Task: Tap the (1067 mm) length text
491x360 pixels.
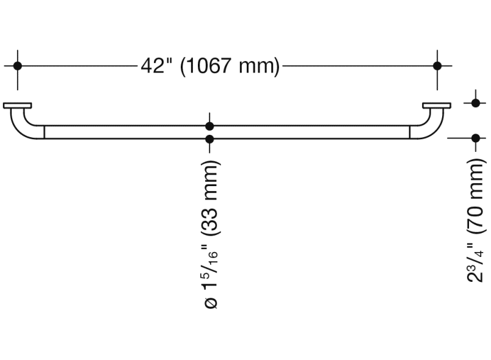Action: pos(230,65)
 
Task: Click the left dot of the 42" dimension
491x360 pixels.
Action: pos(18,65)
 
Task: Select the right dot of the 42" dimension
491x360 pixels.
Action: pos(437,65)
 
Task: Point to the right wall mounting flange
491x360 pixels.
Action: pos(437,106)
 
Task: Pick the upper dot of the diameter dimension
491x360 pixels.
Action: pos(210,126)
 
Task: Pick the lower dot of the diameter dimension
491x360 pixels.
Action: pos(210,140)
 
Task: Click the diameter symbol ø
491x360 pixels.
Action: pos(211,302)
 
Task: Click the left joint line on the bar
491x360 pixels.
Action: pos(45,132)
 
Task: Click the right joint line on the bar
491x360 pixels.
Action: pos(409,132)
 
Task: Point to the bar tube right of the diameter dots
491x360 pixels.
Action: pos(305,132)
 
